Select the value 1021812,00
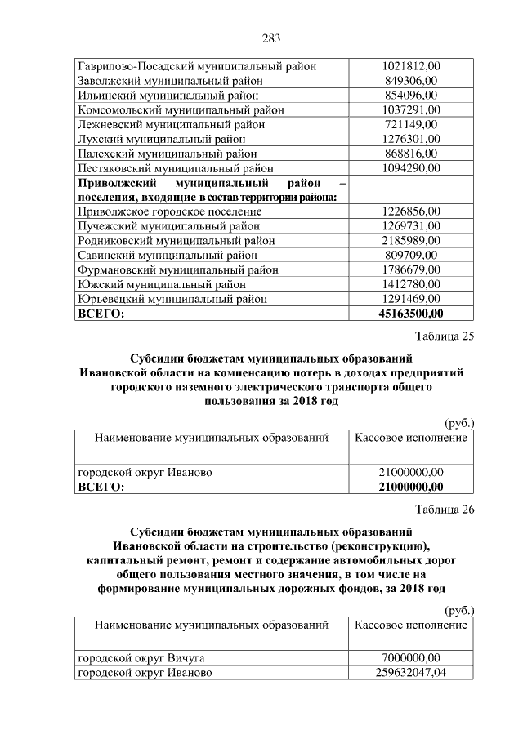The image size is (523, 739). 411,65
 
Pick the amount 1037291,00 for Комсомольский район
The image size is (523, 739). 411,109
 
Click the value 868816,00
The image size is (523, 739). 411,154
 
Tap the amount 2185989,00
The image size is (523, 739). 411,241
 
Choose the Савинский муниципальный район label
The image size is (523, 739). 167,256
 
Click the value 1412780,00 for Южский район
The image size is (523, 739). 411,284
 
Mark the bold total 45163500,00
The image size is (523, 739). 411,314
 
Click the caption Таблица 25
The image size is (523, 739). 445,336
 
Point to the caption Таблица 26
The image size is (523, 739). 445,511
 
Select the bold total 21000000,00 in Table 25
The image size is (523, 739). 411,487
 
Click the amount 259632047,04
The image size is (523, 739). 411,673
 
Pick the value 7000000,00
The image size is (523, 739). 411,658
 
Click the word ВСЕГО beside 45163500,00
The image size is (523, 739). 101,314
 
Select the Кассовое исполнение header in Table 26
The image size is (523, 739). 411,625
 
